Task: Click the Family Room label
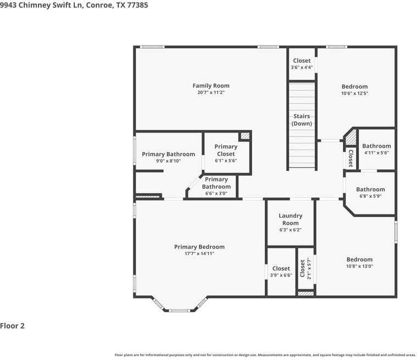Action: pyautogui.click(x=211, y=86)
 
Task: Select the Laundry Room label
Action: pyautogui.click(x=290, y=219)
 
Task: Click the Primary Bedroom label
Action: pyautogui.click(x=199, y=247)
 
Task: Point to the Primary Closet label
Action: pyautogui.click(x=226, y=150)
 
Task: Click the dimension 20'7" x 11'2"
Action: pyautogui.click(x=211, y=93)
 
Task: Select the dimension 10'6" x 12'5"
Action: pyautogui.click(x=354, y=93)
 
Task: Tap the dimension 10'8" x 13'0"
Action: pyautogui.click(x=359, y=266)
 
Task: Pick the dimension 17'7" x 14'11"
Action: pyautogui.click(x=199, y=254)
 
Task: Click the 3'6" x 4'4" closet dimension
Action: pyautogui.click(x=302, y=68)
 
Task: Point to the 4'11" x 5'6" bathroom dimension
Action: pyautogui.click(x=376, y=153)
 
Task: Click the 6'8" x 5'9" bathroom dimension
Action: pyautogui.click(x=370, y=196)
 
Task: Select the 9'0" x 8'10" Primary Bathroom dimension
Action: pyautogui.click(x=168, y=161)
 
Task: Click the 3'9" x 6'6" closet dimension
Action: pyautogui.click(x=281, y=275)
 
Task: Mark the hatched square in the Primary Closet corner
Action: pyautogui.click(x=245, y=135)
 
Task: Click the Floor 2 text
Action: pyautogui.click(x=13, y=326)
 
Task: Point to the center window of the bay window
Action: pyautogui.click(x=179, y=311)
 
